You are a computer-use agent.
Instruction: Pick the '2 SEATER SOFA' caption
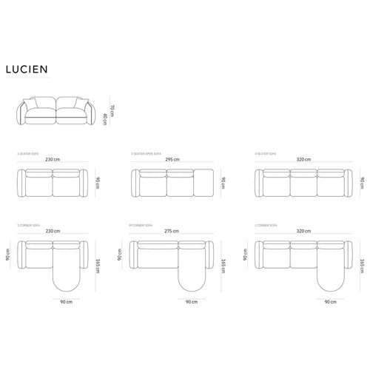pos(29,154)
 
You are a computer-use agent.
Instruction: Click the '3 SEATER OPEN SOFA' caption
pos(144,154)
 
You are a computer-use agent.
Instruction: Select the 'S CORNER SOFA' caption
pos(28,225)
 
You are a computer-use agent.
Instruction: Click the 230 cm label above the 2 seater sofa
pos(52,159)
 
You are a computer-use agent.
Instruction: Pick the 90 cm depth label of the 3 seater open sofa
pos(224,183)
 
